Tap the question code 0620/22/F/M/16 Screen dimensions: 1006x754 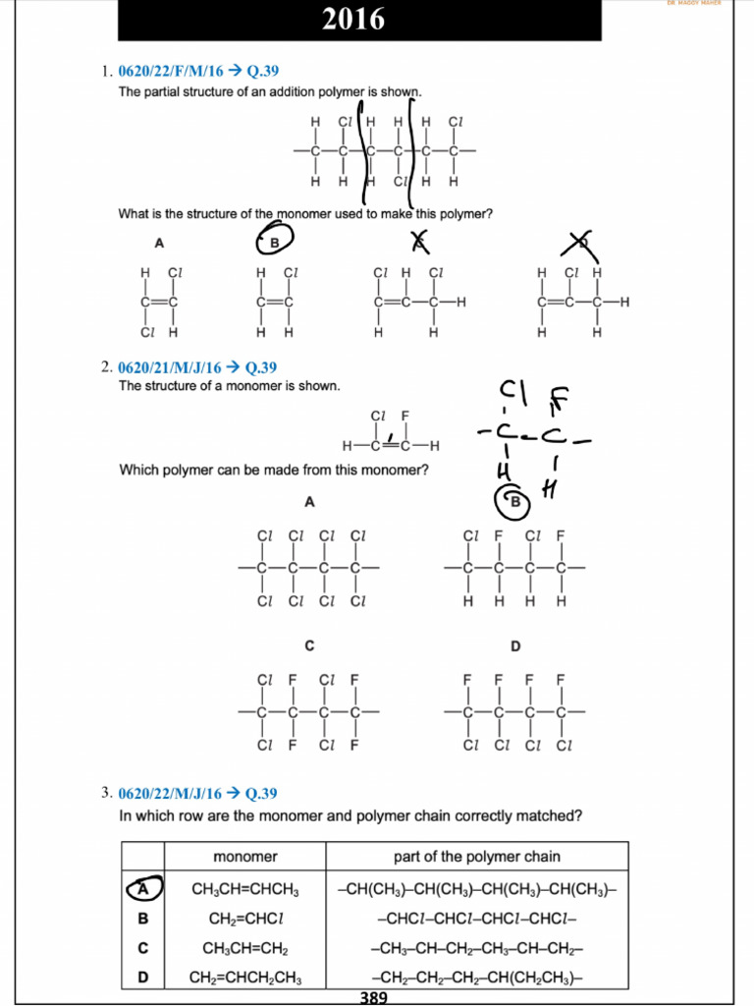click(x=169, y=71)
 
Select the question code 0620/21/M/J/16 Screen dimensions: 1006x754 click(x=169, y=367)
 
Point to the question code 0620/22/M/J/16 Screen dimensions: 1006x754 click(x=169, y=793)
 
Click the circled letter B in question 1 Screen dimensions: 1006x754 click(x=275, y=242)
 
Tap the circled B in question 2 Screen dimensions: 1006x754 click(x=512, y=502)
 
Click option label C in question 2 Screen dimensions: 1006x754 click(x=308, y=645)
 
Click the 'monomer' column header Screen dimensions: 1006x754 click(x=244, y=857)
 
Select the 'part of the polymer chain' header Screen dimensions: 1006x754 click(x=476, y=857)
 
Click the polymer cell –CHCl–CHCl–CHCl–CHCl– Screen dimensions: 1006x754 click(x=476, y=919)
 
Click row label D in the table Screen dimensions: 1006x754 click(x=142, y=978)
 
